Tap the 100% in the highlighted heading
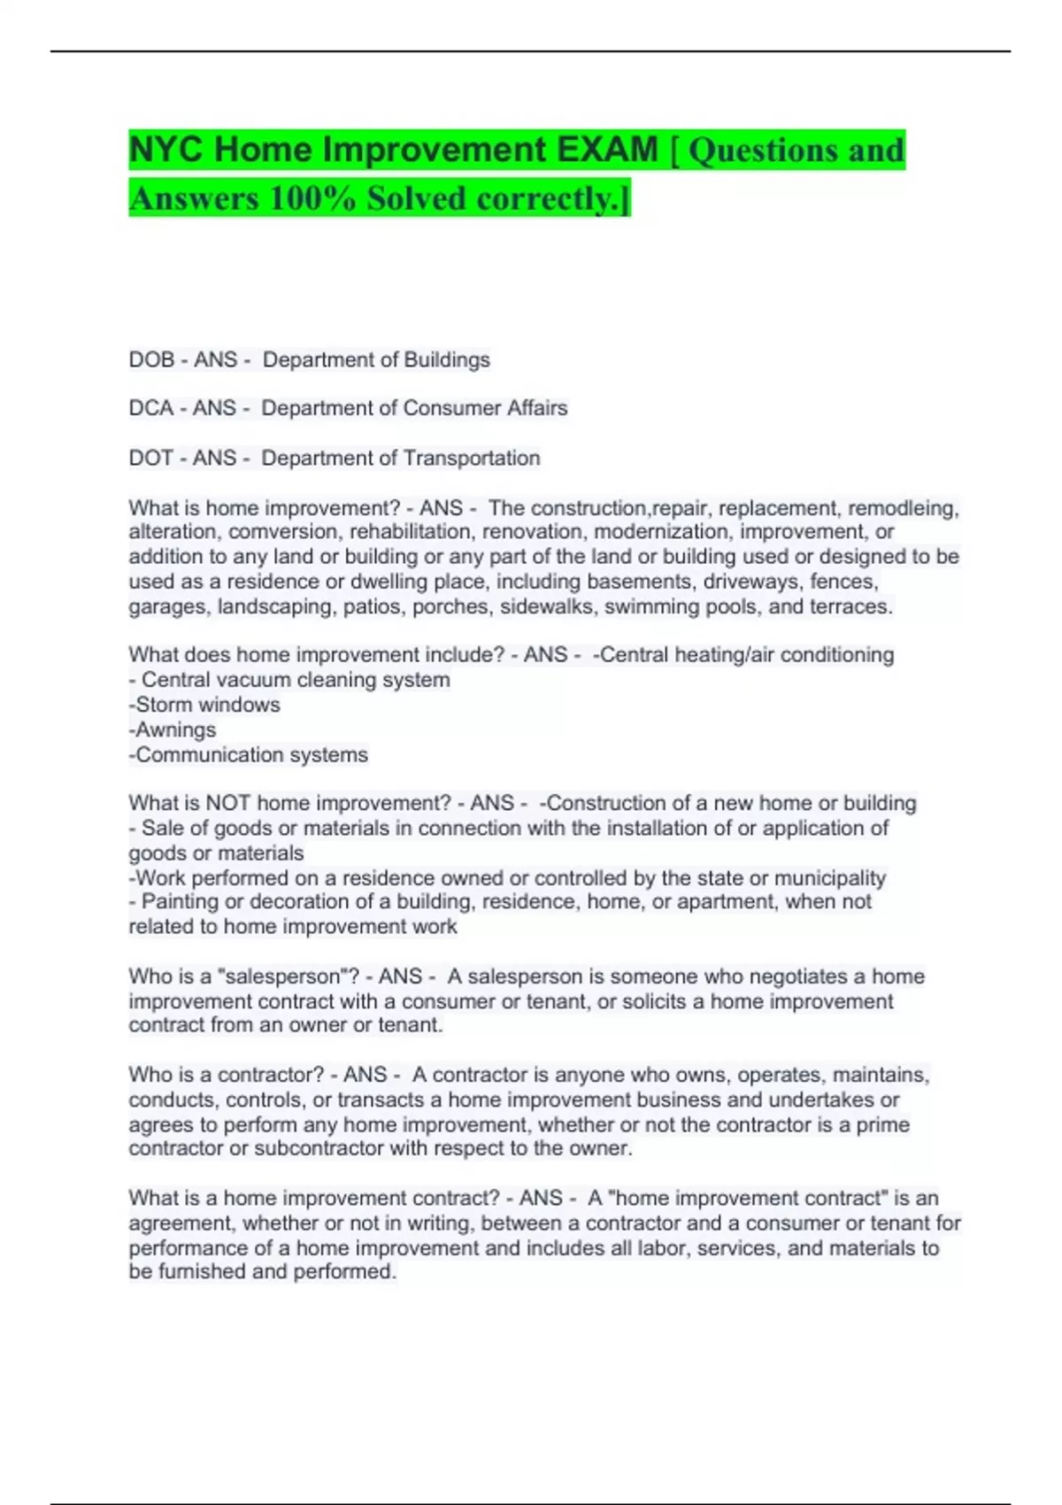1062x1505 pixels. click(312, 197)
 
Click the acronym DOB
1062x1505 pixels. click(151, 359)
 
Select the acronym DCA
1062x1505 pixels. click(150, 408)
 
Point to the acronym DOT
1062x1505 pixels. click(150, 458)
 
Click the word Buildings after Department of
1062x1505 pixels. click(447, 359)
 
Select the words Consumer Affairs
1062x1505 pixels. click(485, 408)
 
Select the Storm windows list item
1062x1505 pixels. click(207, 705)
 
